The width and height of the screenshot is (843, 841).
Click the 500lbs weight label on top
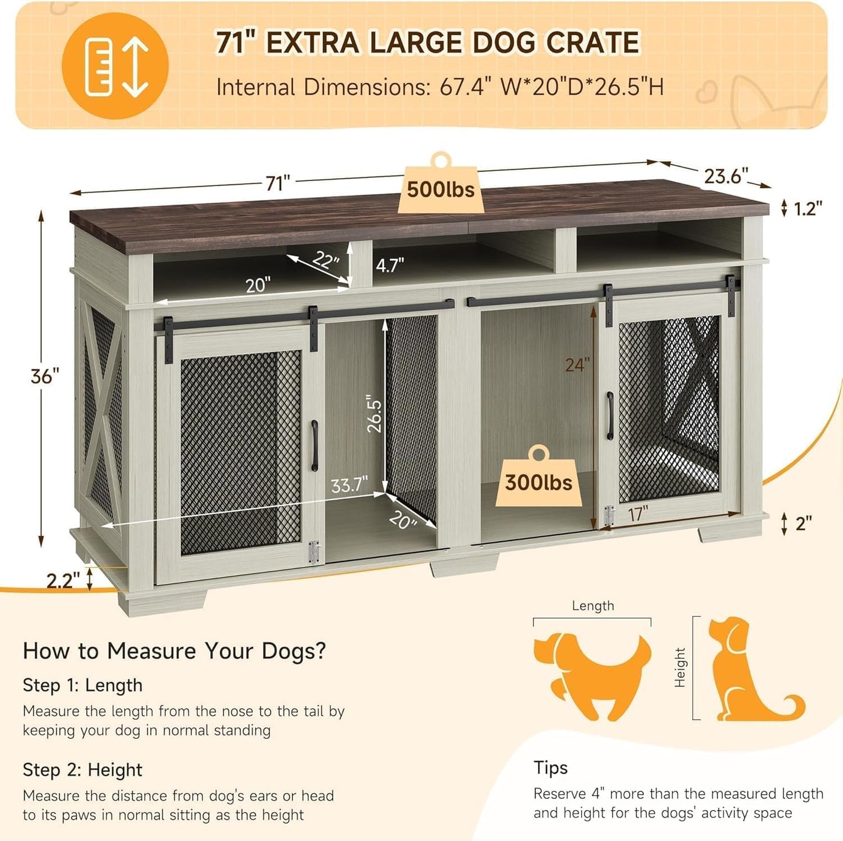[440, 190]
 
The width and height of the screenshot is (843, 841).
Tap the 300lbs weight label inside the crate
[538, 483]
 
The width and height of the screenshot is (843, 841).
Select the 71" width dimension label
[278, 183]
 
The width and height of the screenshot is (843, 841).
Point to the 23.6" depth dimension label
[726, 176]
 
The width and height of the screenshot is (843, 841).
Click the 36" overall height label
[45, 376]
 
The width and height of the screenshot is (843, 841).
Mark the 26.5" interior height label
[375, 416]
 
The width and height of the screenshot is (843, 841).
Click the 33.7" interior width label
[349, 485]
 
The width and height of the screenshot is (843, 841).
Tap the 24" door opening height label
[577, 365]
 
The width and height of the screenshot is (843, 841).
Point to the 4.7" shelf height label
[390, 266]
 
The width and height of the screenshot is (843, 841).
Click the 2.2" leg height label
[63, 581]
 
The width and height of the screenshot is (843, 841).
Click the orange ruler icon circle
[115, 66]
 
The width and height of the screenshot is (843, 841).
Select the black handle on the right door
[610, 416]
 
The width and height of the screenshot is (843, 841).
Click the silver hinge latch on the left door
[314, 552]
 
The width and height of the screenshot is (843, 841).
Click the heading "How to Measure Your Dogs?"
[174, 651]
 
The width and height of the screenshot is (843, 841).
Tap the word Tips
[550, 767]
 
